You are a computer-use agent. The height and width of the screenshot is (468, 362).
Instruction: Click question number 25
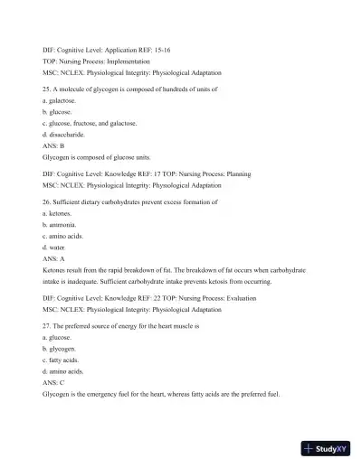47,91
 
